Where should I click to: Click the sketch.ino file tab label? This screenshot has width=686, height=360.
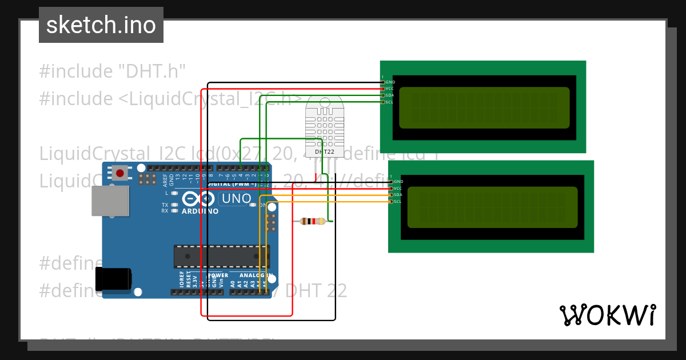[101, 25]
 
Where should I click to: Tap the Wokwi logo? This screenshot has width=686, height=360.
[608, 315]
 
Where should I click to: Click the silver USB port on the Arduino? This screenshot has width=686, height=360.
[110, 201]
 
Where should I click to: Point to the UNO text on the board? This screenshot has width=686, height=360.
[236, 199]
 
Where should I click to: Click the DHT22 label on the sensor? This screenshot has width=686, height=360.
[325, 152]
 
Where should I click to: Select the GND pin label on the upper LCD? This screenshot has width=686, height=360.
[390, 82]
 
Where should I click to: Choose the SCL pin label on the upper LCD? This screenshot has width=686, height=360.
[389, 102]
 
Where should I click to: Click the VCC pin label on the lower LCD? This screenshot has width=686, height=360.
[398, 188]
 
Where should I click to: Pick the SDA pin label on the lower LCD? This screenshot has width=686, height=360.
[398, 195]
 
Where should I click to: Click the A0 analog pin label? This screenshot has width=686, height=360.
[232, 283]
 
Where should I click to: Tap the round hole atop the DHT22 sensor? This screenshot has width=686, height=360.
[325, 103]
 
